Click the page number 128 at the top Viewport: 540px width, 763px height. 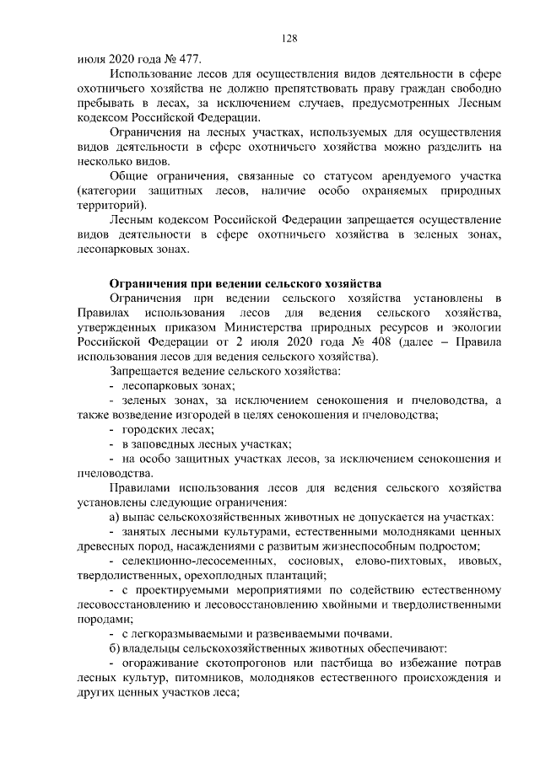[289, 38]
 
